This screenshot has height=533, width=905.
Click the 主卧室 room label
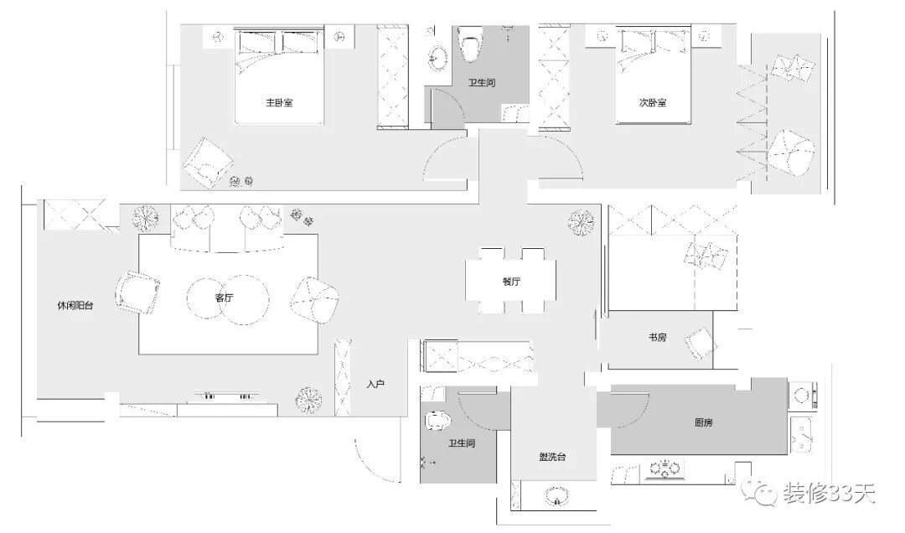279,103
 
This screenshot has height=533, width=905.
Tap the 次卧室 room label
652,103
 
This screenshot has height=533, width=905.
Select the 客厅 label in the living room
224,298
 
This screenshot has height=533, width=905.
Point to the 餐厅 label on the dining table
511,282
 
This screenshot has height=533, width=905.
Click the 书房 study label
658,338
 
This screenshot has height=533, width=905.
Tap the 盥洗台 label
551,457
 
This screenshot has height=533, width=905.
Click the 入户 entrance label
375,385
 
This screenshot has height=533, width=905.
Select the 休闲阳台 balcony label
75,307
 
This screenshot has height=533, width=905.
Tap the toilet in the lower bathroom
438,423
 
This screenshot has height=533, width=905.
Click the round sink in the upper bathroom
437,57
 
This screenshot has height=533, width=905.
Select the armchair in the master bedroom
206,161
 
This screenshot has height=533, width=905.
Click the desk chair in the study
700,344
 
